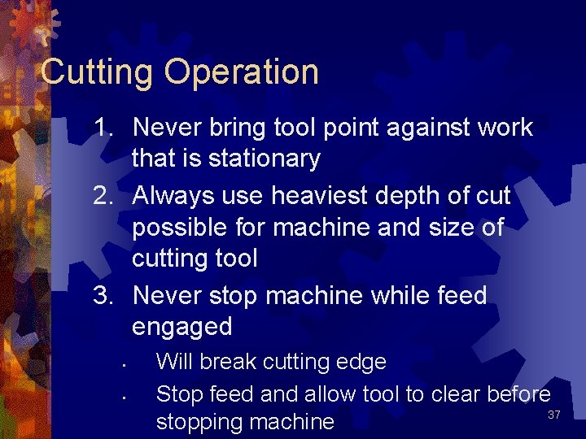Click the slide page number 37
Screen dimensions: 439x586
[x=554, y=415]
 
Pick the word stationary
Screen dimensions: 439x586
[x=265, y=159]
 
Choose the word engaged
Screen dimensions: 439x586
[x=181, y=327]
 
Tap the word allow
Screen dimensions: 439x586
[x=331, y=394]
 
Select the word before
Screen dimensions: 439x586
[x=518, y=394]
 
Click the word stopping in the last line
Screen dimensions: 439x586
[x=205, y=422]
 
